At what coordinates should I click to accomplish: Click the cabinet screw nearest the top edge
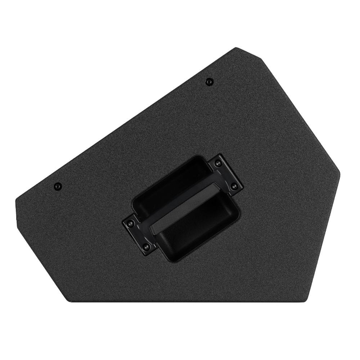(209, 81)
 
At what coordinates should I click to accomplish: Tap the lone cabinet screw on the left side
(57, 186)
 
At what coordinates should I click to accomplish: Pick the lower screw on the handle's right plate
(233, 186)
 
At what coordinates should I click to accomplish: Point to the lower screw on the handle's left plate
(145, 245)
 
